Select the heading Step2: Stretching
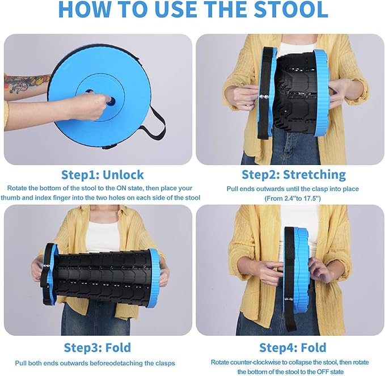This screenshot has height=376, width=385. [293, 174]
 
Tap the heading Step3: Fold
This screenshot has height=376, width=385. [97, 347]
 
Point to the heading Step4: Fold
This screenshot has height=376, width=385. [293, 347]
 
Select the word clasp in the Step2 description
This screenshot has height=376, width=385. [318, 188]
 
